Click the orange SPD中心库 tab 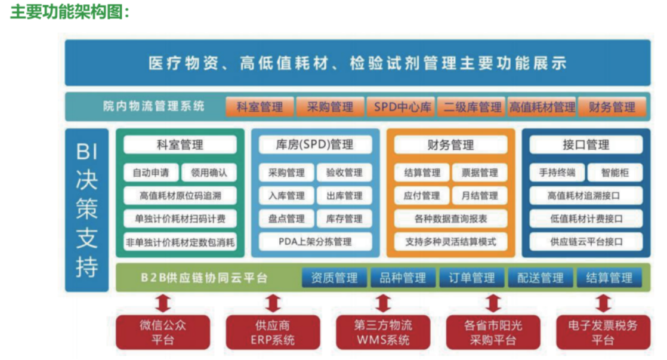click(x=403, y=107)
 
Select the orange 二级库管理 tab click(x=472, y=107)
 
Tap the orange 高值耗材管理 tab click(x=542, y=107)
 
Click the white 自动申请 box click(x=150, y=173)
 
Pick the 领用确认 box click(x=209, y=173)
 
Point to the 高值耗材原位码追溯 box click(x=180, y=196)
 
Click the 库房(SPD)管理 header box click(x=315, y=144)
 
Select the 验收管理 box click(x=344, y=173)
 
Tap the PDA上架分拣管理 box click(x=315, y=242)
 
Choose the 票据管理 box click(x=480, y=173)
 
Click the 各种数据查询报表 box click(x=450, y=219)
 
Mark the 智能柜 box click(x=614, y=173)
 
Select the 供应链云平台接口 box click(x=586, y=242)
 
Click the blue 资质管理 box click(x=334, y=278)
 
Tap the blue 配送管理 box click(x=541, y=278)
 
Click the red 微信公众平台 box click(x=163, y=333)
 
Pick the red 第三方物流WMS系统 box click(x=383, y=333)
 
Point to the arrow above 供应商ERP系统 click(x=273, y=303)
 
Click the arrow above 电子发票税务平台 click(x=603, y=303)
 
